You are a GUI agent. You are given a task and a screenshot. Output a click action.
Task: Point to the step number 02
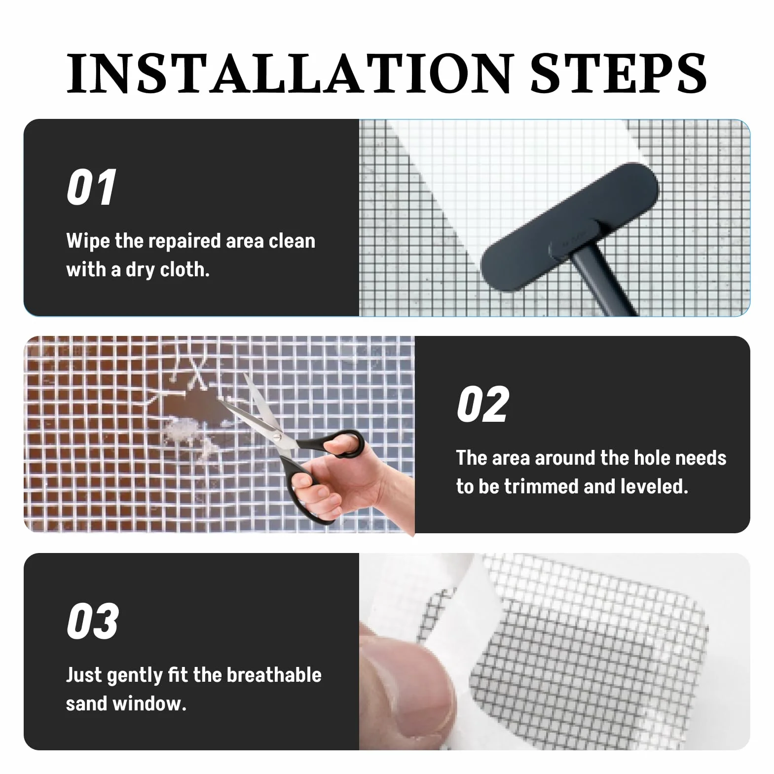click(x=482, y=405)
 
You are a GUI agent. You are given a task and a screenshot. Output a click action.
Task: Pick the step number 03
click(x=93, y=621)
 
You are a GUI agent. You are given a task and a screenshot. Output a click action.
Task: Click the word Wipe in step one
click(x=88, y=241)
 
